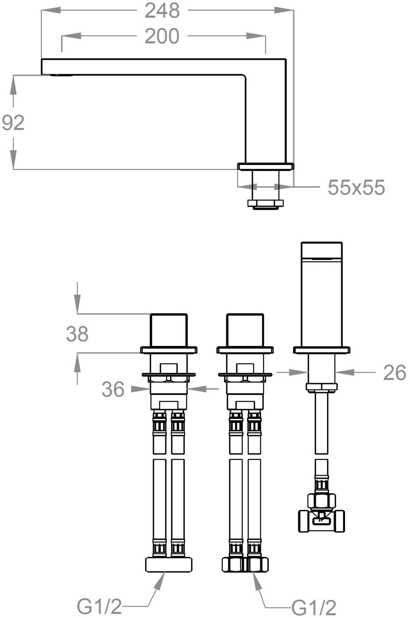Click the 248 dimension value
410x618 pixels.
tap(162, 11)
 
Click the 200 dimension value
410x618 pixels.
tap(162, 36)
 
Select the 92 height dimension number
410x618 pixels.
tap(13, 123)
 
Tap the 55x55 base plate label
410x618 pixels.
tap(356, 187)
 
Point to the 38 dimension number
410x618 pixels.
tap(77, 334)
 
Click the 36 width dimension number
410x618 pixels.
tap(113, 389)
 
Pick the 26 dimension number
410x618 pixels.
tap(395, 373)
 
